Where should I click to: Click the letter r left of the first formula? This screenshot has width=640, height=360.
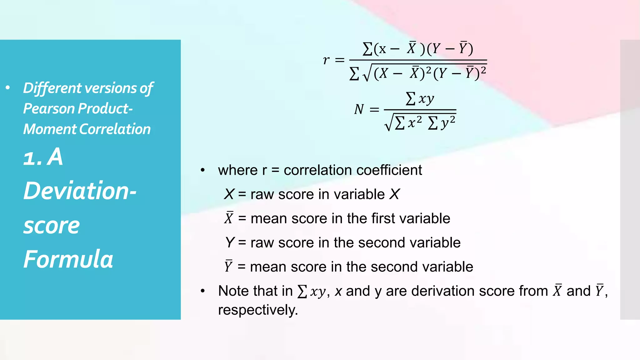pyautogui.click(x=326, y=60)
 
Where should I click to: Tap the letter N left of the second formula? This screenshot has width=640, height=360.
pyautogui.click(x=359, y=109)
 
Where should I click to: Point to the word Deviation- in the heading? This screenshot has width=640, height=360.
pyautogui.click(x=80, y=191)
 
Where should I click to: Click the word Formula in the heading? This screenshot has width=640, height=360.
pyautogui.click(x=68, y=259)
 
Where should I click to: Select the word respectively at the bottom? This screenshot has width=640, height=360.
pyautogui.click(x=258, y=310)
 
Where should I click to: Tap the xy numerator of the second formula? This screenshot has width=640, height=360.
pyautogui.click(x=426, y=99)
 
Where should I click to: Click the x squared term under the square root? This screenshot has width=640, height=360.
pyautogui.click(x=415, y=122)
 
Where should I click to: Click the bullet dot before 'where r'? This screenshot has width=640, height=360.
pyautogui.click(x=203, y=170)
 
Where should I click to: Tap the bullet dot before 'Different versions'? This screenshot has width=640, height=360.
pyautogui.click(x=8, y=88)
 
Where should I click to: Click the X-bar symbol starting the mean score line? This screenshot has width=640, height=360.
pyautogui.click(x=229, y=218)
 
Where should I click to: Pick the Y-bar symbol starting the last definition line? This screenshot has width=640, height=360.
pyautogui.click(x=228, y=266)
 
